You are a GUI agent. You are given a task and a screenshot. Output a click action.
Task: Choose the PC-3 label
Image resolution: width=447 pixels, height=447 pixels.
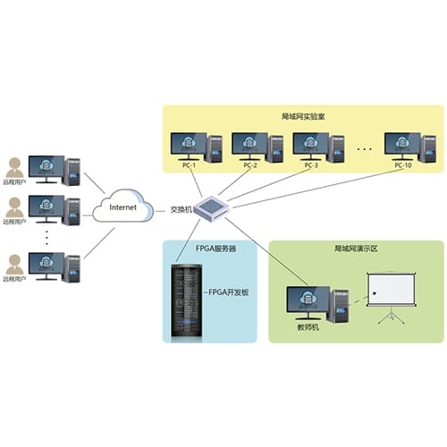311,165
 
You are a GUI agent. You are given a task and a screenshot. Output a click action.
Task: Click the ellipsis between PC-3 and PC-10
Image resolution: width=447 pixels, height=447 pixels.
364,146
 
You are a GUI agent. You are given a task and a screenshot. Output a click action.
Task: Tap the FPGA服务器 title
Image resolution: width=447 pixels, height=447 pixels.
210,249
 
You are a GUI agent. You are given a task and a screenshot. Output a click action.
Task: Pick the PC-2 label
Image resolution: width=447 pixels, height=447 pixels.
249,165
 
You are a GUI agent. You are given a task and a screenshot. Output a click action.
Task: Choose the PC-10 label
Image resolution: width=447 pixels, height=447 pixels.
405,165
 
